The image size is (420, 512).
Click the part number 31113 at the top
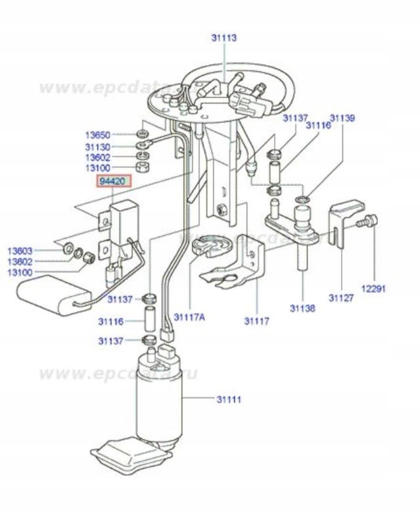click(x=224, y=38)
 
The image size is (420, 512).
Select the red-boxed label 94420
click(x=114, y=181)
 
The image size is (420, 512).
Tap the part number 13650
click(x=97, y=135)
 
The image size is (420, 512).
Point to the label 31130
click(x=97, y=146)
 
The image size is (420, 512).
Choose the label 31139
click(x=342, y=118)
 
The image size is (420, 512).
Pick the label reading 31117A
click(x=190, y=317)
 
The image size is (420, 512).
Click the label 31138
click(x=302, y=308)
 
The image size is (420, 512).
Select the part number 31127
click(x=341, y=298)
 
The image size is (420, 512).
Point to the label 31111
click(x=229, y=399)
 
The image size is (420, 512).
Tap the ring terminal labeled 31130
click(x=144, y=145)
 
